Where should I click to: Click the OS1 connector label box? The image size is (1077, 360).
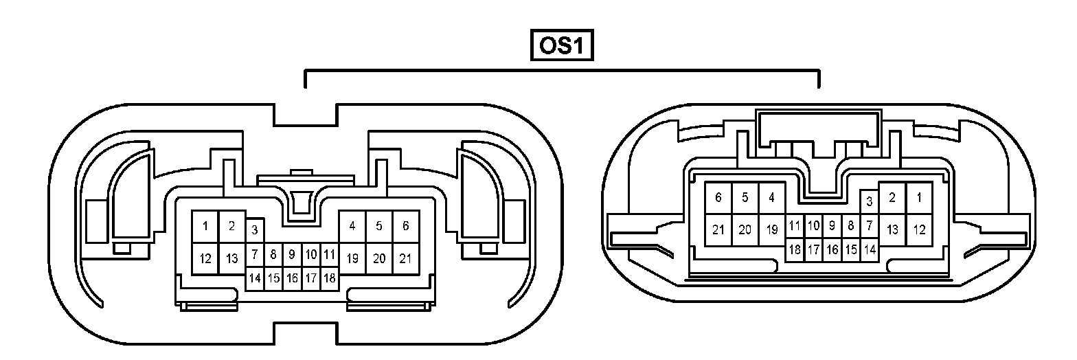click(x=561, y=46)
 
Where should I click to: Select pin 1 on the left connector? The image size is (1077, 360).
click(x=205, y=226)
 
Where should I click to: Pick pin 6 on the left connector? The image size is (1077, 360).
click(x=405, y=226)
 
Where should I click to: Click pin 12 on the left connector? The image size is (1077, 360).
click(x=205, y=259)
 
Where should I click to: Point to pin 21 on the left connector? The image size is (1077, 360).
click(x=405, y=259)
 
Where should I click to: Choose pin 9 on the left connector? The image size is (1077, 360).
click(x=292, y=255)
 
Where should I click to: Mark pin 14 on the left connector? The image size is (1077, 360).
click(x=255, y=278)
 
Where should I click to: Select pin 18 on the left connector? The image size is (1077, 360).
click(x=329, y=278)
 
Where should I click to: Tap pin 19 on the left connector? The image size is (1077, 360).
click(x=352, y=259)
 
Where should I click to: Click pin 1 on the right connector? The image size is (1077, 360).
click(x=919, y=198)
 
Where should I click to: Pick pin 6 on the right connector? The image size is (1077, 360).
click(x=718, y=198)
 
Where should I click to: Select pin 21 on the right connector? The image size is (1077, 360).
click(x=718, y=230)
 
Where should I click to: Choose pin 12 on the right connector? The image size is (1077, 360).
click(x=919, y=230)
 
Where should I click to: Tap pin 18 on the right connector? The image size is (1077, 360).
click(x=795, y=249)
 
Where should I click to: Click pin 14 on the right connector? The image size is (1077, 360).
click(x=870, y=249)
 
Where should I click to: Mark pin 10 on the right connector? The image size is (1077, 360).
click(x=813, y=225)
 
